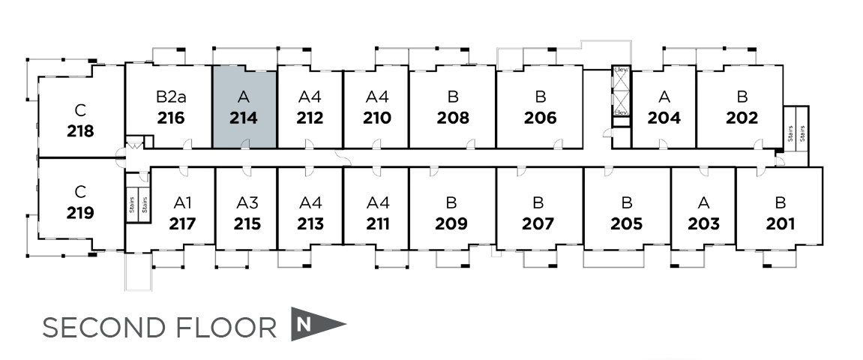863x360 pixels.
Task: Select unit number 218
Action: point(80,131)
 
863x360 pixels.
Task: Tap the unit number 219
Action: point(80,212)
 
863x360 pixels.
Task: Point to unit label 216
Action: point(171,118)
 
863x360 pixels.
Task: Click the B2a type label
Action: point(170,97)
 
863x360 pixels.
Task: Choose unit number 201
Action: point(780,223)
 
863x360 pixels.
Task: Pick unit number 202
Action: point(742,118)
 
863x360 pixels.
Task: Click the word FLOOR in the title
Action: point(235,328)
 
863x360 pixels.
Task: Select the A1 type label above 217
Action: point(183,202)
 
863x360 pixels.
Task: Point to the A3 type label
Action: point(247,202)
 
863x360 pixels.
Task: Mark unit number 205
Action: point(626,223)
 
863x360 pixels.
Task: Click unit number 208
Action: point(452,118)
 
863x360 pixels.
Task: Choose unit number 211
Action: point(377,223)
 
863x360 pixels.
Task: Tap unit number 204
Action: point(664,118)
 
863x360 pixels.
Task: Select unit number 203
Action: point(703,223)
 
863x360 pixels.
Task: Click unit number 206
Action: point(540,118)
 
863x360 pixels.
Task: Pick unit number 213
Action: point(310,223)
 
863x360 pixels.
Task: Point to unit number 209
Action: point(451,223)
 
